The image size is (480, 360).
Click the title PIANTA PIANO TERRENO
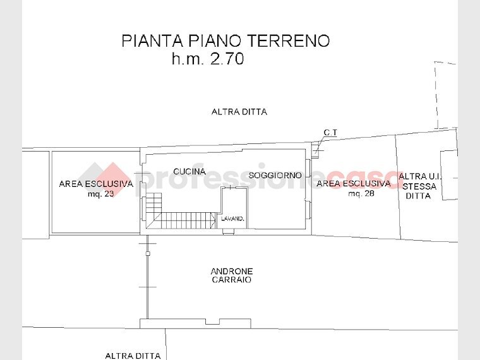pos(225,41)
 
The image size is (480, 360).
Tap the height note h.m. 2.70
pos(207,60)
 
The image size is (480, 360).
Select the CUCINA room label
pos(189,172)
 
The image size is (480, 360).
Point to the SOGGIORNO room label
pos(275,175)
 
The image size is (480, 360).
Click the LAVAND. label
pos(232,219)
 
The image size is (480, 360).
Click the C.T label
pos(331,133)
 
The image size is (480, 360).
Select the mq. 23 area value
pos(101,194)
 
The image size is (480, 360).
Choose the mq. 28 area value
pos(361,193)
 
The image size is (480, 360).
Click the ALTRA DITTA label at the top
pos(239,112)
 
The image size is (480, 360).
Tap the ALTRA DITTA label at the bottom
pos(133,356)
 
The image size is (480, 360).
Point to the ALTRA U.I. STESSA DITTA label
pos(420,186)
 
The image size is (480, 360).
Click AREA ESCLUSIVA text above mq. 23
pos(96,184)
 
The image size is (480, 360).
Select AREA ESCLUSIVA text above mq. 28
pos(354,184)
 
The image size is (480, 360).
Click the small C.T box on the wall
pos(316,152)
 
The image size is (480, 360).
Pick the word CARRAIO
pos(231,280)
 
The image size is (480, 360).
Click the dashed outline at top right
pos(445,95)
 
